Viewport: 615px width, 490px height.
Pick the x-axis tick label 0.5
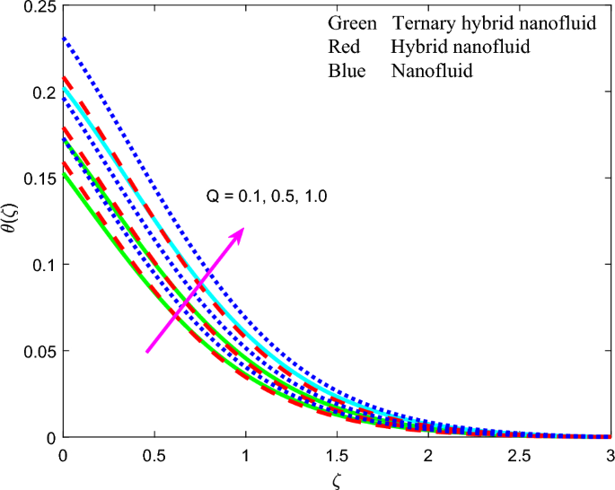pos(154,456)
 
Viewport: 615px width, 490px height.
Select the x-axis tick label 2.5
pos(518,456)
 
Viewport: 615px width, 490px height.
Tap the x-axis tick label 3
pos(610,456)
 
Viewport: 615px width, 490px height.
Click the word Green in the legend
pos(352,23)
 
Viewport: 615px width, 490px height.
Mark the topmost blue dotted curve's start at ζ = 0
pos(63,39)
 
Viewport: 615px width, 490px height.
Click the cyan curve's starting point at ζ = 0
pos(63,89)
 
